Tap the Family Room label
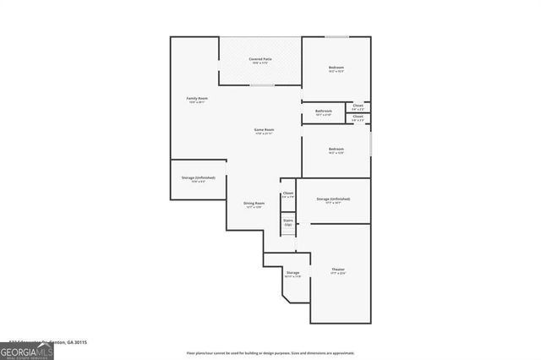click(x=197, y=99)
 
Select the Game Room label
click(x=264, y=130)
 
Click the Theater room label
click(x=338, y=270)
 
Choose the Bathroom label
click(x=324, y=112)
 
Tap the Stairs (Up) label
click(x=288, y=222)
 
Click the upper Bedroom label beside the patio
click(x=336, y=68)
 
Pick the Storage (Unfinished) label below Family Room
click(x=198, y=178)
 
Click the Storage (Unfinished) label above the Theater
click(x=333, y=199)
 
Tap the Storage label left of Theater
click(x=292, y=274)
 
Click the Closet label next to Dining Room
click(x=288, y=194)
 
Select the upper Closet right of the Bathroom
click(x=358, y=106)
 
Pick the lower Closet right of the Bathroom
click(x=358, y=118)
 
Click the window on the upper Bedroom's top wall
click(x=337, y=36)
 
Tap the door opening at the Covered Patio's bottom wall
click(x=261, y=85)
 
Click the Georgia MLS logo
click(x=27, y=352)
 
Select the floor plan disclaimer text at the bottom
click(x=270, y=352)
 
